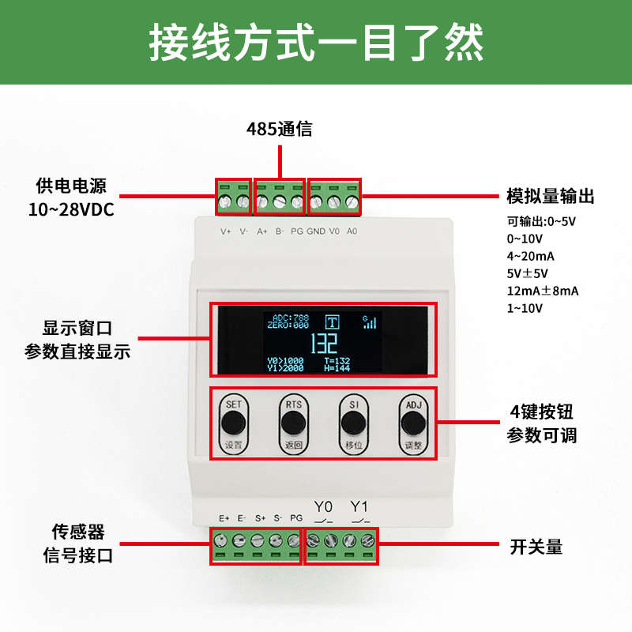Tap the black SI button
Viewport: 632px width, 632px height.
(x=352, y=423)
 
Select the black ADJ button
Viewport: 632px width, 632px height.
(x=412, y=423)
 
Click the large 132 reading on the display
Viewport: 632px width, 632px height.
(x=323, y=344)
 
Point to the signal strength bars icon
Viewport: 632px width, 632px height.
(x=369, y=322)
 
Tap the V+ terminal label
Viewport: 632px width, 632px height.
(x=225, y=231)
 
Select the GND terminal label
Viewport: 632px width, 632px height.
(x=316, y=231)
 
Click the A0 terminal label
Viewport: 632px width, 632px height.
(x=352, y=231)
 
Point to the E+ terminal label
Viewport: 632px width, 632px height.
(x=224, y=518)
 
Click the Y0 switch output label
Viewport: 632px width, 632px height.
(x=324, y=506)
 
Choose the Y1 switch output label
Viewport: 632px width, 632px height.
(x=359, y=506)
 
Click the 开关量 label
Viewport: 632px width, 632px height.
(x=536, y=546)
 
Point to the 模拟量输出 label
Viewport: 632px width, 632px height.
(x=550, y=197)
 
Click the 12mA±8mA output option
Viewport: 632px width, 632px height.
(x=543, y=291)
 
